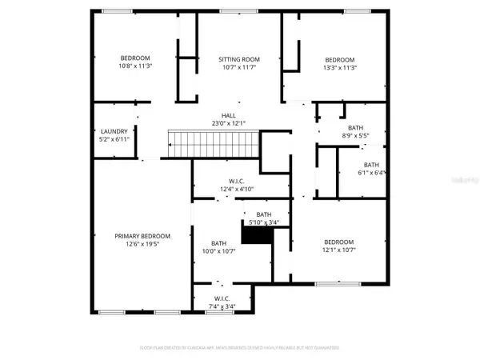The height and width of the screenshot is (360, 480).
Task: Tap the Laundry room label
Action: pos(114,131)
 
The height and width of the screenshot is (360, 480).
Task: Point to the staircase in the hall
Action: pos(214,145)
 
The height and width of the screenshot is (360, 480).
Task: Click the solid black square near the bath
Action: pos(258,235)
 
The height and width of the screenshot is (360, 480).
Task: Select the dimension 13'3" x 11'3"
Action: pos(339,68)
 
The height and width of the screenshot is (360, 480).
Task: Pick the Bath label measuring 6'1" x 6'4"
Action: pos(372,165)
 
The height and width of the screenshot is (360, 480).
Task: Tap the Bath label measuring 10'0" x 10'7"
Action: pos(219,243)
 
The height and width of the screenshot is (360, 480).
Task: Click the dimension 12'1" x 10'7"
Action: pos(339,250)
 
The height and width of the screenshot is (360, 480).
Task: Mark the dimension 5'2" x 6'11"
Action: pos(114,139)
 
